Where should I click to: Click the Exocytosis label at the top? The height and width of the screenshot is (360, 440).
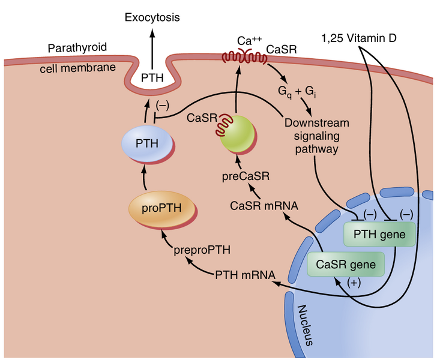click(x=152, y=18)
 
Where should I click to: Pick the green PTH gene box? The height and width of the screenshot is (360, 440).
click(x=379, y=233)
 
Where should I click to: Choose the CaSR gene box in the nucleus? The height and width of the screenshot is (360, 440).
click(x=342, y=263)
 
